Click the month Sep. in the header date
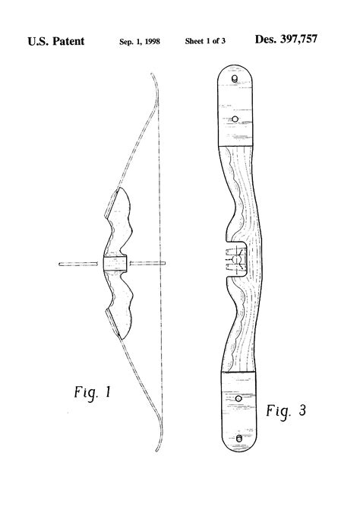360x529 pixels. pos(125,42)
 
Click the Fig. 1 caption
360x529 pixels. pos(87,394)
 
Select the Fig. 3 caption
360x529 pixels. pos(286,411)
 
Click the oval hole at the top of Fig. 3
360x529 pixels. pos(236,78)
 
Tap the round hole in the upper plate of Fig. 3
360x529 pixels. pos(235,119)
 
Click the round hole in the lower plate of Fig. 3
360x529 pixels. pos(238,398)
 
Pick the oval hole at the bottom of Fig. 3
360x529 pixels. pos(240,438)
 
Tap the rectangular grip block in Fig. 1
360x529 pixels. pos(114,264)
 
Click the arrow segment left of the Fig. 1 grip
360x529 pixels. pos(80,264)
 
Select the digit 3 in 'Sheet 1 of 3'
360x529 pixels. pos(224,42)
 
